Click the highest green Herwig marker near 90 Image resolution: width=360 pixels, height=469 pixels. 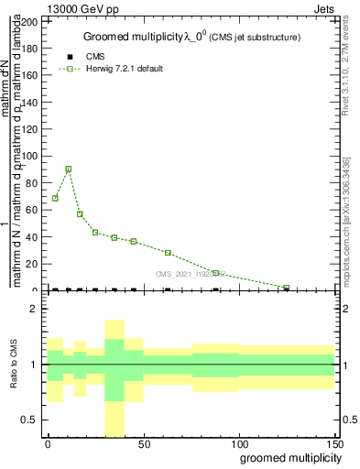pyautogui.click(x=68, y=169)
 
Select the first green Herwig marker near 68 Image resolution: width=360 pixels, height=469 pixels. pyautogui.click(x=55, y=198)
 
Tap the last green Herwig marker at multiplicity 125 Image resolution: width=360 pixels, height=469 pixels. pyautogui.click(x=287, y=288)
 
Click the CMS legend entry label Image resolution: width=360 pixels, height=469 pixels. pyautogui.click(x=95, y=57)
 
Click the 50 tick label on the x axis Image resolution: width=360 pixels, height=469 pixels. pyautogui.click(x=143, y=444)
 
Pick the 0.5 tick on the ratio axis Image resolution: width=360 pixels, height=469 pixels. pyautogui.click(x=36, y=420)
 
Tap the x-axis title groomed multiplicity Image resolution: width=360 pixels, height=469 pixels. pyautogui.click(x=286, y=457)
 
